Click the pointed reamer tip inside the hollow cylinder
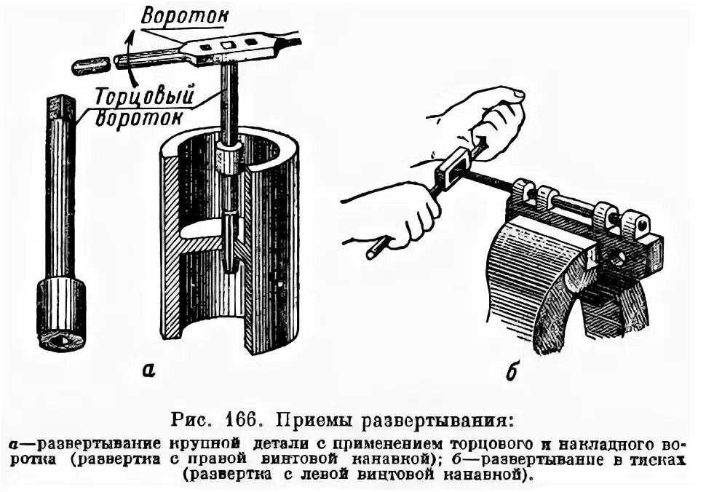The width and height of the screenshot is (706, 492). [231, 262]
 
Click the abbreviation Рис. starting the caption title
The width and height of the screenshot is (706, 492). [193, 421]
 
